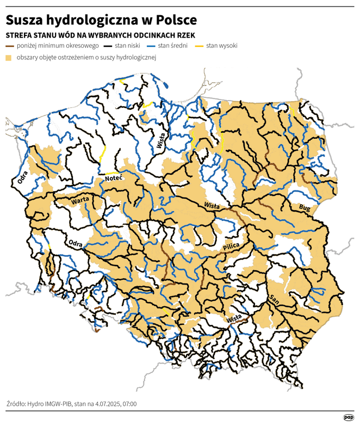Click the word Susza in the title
coord(24,20)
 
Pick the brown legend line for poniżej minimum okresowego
coord(10,46)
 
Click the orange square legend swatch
coord(9,58)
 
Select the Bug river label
coord(303,207)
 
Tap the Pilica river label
coord(232,248)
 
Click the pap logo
coord(348,417)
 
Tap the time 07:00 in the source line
coord(128,404)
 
